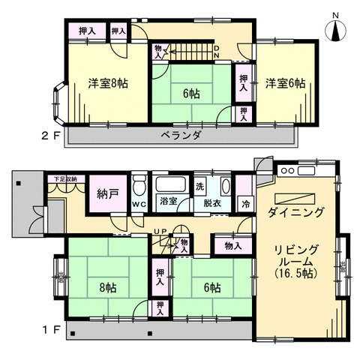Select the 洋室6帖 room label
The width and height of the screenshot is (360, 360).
coord(284,83)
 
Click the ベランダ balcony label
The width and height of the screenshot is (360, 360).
coord(181,135)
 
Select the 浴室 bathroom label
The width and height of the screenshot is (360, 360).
coord(167,201)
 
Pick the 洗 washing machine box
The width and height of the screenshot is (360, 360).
coord(199,186)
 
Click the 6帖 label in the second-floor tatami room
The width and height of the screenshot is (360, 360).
coord(190,94)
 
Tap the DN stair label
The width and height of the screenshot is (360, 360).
coord(215,50)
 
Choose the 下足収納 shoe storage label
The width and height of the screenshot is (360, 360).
coord(64,179)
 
